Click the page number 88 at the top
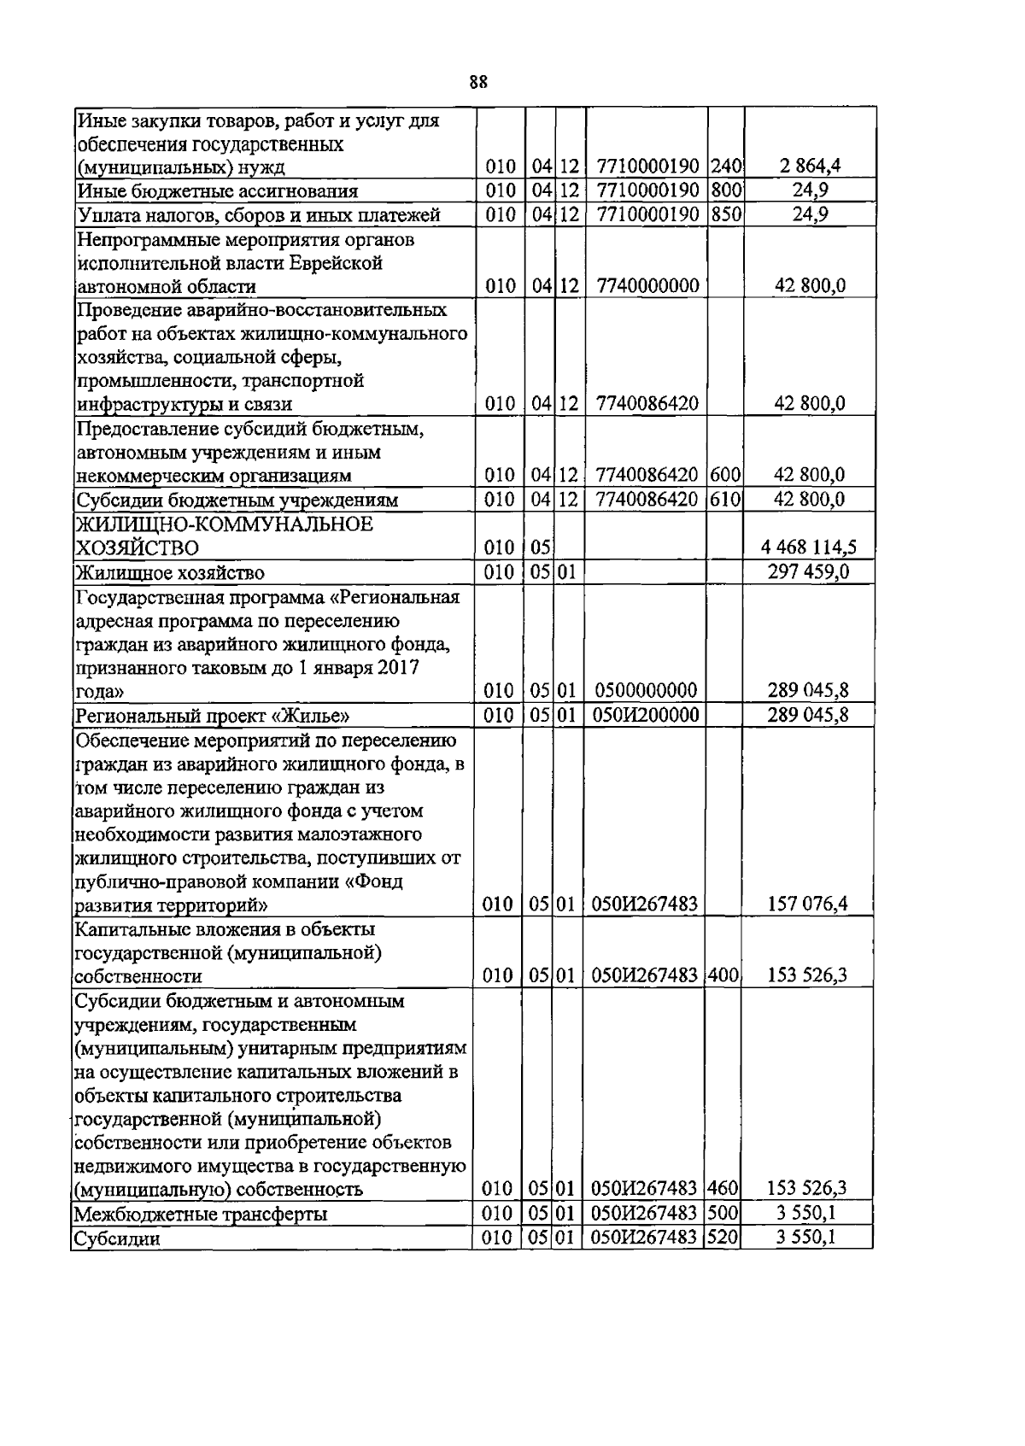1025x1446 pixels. tap(478, 82)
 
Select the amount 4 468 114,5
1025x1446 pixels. tap(811, 547)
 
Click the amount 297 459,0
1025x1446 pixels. tap(808, 571)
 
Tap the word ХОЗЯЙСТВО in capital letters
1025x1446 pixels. tap(138, 547)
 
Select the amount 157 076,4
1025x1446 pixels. tap(808, 904)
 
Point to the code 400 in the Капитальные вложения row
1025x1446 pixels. tap(723, 975)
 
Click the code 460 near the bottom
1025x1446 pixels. tap(723, 1188)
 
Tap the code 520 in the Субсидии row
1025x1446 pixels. tap(723, 1237)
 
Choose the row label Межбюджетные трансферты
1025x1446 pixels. tap(202, 1214)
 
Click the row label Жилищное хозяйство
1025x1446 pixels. tap(170, 572)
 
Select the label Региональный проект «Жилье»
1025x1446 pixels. tap(213, 716)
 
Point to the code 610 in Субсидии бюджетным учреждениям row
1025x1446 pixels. tap(725, 499)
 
